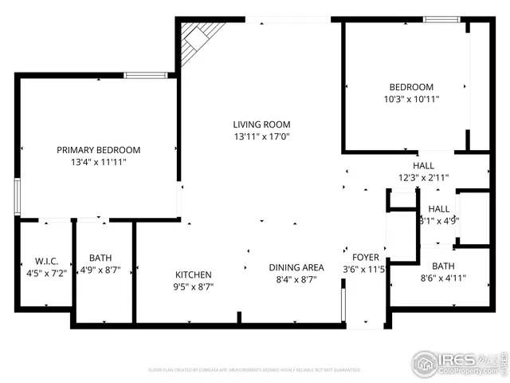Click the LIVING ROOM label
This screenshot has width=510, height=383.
point(261,124)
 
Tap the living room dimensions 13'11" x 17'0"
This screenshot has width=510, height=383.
point(261,136)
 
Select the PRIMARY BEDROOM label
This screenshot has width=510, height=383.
point(98,149)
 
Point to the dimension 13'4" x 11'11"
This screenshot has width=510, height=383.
point(98,161)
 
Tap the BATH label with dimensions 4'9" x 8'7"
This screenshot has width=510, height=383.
point(100,258)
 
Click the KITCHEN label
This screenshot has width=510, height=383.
point(193,274)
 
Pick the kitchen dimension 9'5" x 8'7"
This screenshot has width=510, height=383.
point(193,286)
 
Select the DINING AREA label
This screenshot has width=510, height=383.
point(295,267)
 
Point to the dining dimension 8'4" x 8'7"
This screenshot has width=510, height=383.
point(295,279)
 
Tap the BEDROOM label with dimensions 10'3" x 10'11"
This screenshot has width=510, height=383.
point(411,87)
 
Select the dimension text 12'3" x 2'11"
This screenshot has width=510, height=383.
point(423,178)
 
